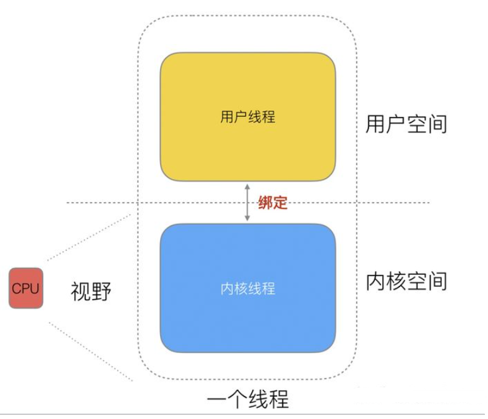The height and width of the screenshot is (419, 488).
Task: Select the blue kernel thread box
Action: (x=247, y=311)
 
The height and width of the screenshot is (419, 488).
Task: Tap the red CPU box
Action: (x=26, y=288)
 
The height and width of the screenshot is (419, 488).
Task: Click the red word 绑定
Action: (x=273, y=203)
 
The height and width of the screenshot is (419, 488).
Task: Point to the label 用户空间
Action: (x=406, y=124)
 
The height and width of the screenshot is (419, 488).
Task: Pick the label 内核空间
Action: (x=406, y=282)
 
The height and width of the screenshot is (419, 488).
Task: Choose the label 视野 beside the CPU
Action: (x=91, y=290)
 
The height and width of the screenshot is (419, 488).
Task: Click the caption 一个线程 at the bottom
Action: (x=247, y=398)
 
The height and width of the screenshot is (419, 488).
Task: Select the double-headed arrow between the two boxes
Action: (x=247, y=203)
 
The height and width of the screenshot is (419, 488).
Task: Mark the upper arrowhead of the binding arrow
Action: (x=247, y=186)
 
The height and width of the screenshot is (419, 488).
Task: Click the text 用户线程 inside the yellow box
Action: (x=247, y=117)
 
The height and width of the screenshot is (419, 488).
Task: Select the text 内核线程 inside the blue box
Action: (x=247, y=289)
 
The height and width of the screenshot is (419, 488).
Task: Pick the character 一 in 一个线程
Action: (x=217, y=398)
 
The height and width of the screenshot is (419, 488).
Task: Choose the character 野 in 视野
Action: (x=101, y=290)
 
